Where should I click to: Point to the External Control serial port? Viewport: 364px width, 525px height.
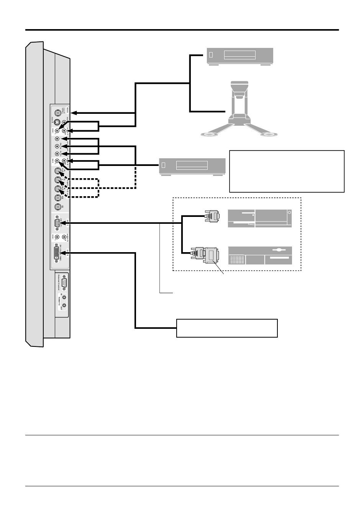coord(64,283)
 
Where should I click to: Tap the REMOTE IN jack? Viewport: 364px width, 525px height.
coord(64,297)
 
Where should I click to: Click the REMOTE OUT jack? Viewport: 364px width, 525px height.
coord(64,305)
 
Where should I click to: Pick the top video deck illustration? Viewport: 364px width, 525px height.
coord(240,57)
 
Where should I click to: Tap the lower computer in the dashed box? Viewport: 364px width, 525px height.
coord(260,256)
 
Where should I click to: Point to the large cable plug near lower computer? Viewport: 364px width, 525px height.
coord(207,254)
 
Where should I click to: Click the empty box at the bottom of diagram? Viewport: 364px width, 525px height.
coord(226,328)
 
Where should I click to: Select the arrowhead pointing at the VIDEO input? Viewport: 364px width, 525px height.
coord(74,113)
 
